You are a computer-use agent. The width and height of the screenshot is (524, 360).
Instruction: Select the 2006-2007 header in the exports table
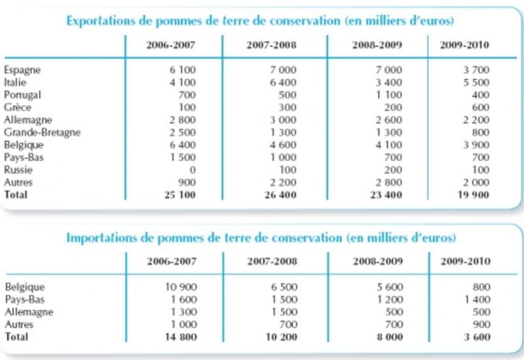pos(171,45)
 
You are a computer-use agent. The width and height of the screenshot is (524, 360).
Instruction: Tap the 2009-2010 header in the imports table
pos(465,261)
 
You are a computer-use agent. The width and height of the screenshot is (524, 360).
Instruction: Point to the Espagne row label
pos(22,70)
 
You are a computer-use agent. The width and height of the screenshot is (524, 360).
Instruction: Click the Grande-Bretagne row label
pos(42,133)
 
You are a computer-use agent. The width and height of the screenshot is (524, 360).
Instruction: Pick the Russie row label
pos(18,170)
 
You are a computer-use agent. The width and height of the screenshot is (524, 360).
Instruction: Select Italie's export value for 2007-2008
pos(283,82)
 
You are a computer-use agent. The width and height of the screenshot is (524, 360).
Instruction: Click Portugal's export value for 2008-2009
pos(388,95)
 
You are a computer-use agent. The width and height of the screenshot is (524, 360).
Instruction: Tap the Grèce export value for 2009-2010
pos(481,107)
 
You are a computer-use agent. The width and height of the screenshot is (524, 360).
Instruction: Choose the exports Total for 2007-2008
pos(280,195)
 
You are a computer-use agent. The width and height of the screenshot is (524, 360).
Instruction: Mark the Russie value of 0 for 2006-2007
pos(193,170)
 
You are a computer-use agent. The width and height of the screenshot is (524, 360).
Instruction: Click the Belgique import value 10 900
pos(181,287)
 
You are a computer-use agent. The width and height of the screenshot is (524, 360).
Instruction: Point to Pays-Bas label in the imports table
pos(25,300)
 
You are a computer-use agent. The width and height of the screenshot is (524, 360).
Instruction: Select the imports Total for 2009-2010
pos(477,337)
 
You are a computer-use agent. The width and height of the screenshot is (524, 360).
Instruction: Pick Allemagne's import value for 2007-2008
pos(284,312)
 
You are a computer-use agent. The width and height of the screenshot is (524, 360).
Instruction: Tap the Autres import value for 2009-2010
pos(481,324)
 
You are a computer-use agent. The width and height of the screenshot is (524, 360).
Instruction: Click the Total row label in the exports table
pos(16,194)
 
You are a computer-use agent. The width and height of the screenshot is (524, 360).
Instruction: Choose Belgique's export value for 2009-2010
pos(476,145)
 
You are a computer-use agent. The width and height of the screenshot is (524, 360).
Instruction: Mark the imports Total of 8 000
pos(390,337)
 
